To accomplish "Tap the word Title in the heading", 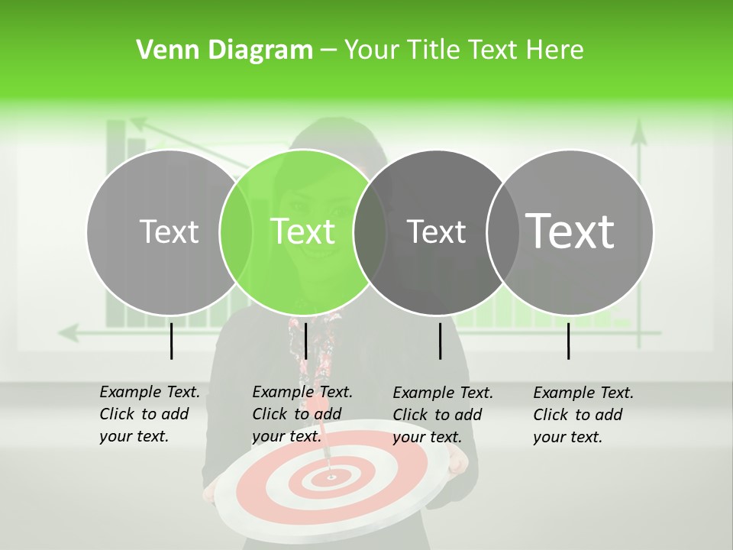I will [x=433, y=50].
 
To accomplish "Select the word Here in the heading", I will [x=555, y=50].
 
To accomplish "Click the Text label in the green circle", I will [x=303, y=231].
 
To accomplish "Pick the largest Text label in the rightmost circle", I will [x=570, y=231].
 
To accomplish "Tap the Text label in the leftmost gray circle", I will [x=170, y=231].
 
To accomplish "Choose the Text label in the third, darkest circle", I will [x=437, y=231].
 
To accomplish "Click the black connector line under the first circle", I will [x=171, y=341].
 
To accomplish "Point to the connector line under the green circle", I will [x=305, y=341].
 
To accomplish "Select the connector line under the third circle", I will [x=440, y=341].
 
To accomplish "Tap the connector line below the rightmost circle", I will [x=568, y=341].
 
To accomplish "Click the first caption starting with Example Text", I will [x=149, y=414].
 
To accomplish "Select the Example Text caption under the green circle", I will [x=302, y=414].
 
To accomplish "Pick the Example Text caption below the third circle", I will [x=442, y=415].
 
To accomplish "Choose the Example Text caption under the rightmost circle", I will [x=583, y=415].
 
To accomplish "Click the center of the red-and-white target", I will [x=331, y=477].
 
